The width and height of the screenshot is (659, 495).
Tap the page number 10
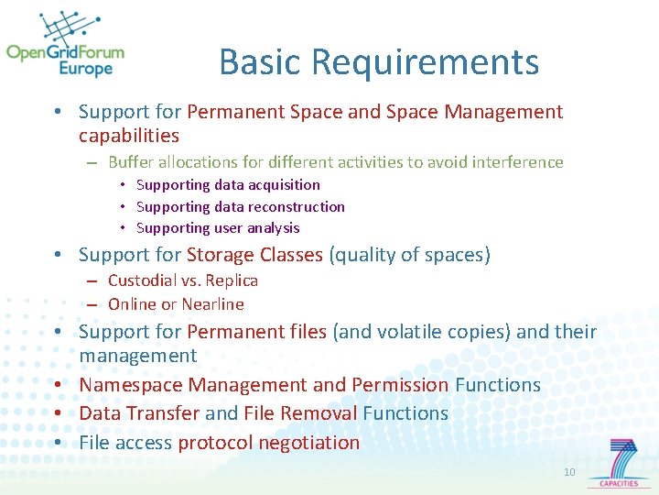(x=569, y=472)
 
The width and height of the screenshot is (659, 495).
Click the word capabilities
(x=129, y=136)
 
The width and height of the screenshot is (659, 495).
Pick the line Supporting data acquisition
(x=228, y=185)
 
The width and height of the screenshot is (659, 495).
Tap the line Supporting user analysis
(x=218, y=228)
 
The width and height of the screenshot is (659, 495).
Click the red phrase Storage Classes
(x=254, y=255)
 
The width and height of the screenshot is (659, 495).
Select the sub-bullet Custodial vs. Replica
(x=183, y=280)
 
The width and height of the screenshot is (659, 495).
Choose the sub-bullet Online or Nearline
(x=176, y=304)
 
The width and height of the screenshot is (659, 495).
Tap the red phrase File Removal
(x=299, y=413)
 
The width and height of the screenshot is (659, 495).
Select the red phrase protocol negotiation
(x=269, y=443)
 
